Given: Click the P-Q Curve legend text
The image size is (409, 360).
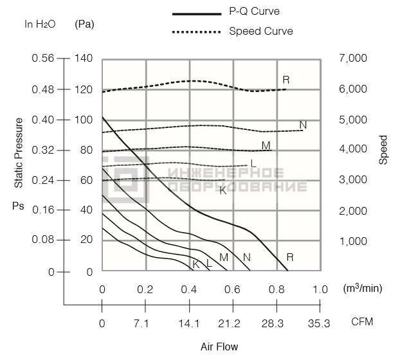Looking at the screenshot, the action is (254, 11).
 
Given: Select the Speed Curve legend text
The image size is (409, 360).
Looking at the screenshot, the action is (261, 32).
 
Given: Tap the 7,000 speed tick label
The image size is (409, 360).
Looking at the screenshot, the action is (353, 58).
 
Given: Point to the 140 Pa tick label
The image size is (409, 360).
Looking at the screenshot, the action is (84, 58).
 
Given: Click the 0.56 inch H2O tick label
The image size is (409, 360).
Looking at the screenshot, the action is (43, 58).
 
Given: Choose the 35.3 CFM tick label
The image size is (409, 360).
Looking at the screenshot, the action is (319, 324).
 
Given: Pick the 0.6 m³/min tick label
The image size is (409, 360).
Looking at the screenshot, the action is (232, 290).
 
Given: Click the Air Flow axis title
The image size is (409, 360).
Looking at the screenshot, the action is (219, 346).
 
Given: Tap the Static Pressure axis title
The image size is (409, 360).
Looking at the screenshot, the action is (19, 153).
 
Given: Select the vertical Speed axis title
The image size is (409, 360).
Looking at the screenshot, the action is (383, 150).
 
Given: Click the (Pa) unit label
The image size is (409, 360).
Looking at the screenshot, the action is (84, 24).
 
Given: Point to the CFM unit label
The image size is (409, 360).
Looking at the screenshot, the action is (362, 321).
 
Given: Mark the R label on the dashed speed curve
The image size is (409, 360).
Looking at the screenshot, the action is (286, 80).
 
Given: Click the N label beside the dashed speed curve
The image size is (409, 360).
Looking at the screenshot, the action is (303, 125).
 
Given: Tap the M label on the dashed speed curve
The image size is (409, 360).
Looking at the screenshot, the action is (266, 145).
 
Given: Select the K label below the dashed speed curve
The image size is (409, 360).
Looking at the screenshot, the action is (223, 191).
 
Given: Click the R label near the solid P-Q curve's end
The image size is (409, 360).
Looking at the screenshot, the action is (290, 257).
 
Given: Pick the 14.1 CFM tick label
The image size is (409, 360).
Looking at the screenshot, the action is (189, 324).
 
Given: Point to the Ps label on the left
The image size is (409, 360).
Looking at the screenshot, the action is (18, 206).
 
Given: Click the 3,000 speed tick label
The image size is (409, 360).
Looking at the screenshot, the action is (353, 179).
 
